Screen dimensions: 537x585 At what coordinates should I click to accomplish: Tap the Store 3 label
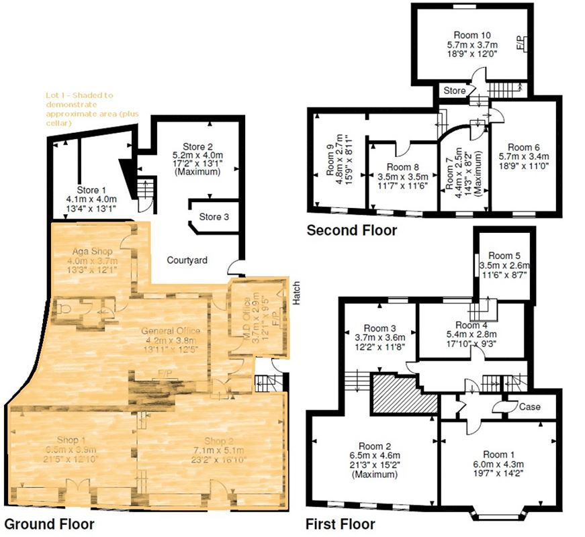click(x=214, y=217)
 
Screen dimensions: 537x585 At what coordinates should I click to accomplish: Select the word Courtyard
click(x=187, y=260)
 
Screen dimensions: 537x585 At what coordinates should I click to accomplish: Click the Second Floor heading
click(x=351, y=231)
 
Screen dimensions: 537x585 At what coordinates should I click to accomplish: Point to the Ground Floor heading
click(x=49, y=524)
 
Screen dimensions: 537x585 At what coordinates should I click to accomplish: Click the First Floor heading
click(x=340, y=524)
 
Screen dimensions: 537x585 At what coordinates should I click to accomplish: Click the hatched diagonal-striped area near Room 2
click(x=402, y=393)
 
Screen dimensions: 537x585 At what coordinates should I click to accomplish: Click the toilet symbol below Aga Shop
click(x=66, y=308)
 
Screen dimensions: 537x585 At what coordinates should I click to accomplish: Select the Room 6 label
click(x=523, y=147)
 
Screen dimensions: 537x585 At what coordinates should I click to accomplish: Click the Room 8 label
click(x=403, y=168)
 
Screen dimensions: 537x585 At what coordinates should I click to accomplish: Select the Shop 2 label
click(x=216, y=441)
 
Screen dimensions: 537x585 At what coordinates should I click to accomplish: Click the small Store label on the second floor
click(x=455, y=90)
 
